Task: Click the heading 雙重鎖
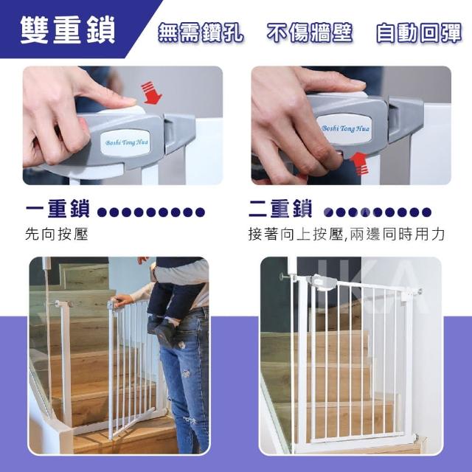tap(68, 30)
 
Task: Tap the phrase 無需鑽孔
tap(201, 32)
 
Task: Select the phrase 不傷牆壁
tap(310, 32)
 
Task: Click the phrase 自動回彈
tap(419, 32)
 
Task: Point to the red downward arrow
tap(151, 93)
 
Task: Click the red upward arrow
tap(361, 163)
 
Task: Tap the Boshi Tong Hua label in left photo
tap(126, 142)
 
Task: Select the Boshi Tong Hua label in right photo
tap(345, 128)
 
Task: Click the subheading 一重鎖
tap(58, 209)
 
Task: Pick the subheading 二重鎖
tap(280, 209)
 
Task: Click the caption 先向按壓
tap(57, 235)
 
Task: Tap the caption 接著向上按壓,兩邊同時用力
tap(347, 235)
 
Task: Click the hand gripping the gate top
tap(122, 300)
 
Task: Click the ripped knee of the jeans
tap(186, 374)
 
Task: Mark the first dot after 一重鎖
tap(103, 212)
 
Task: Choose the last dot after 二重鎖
tap(426, 212)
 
